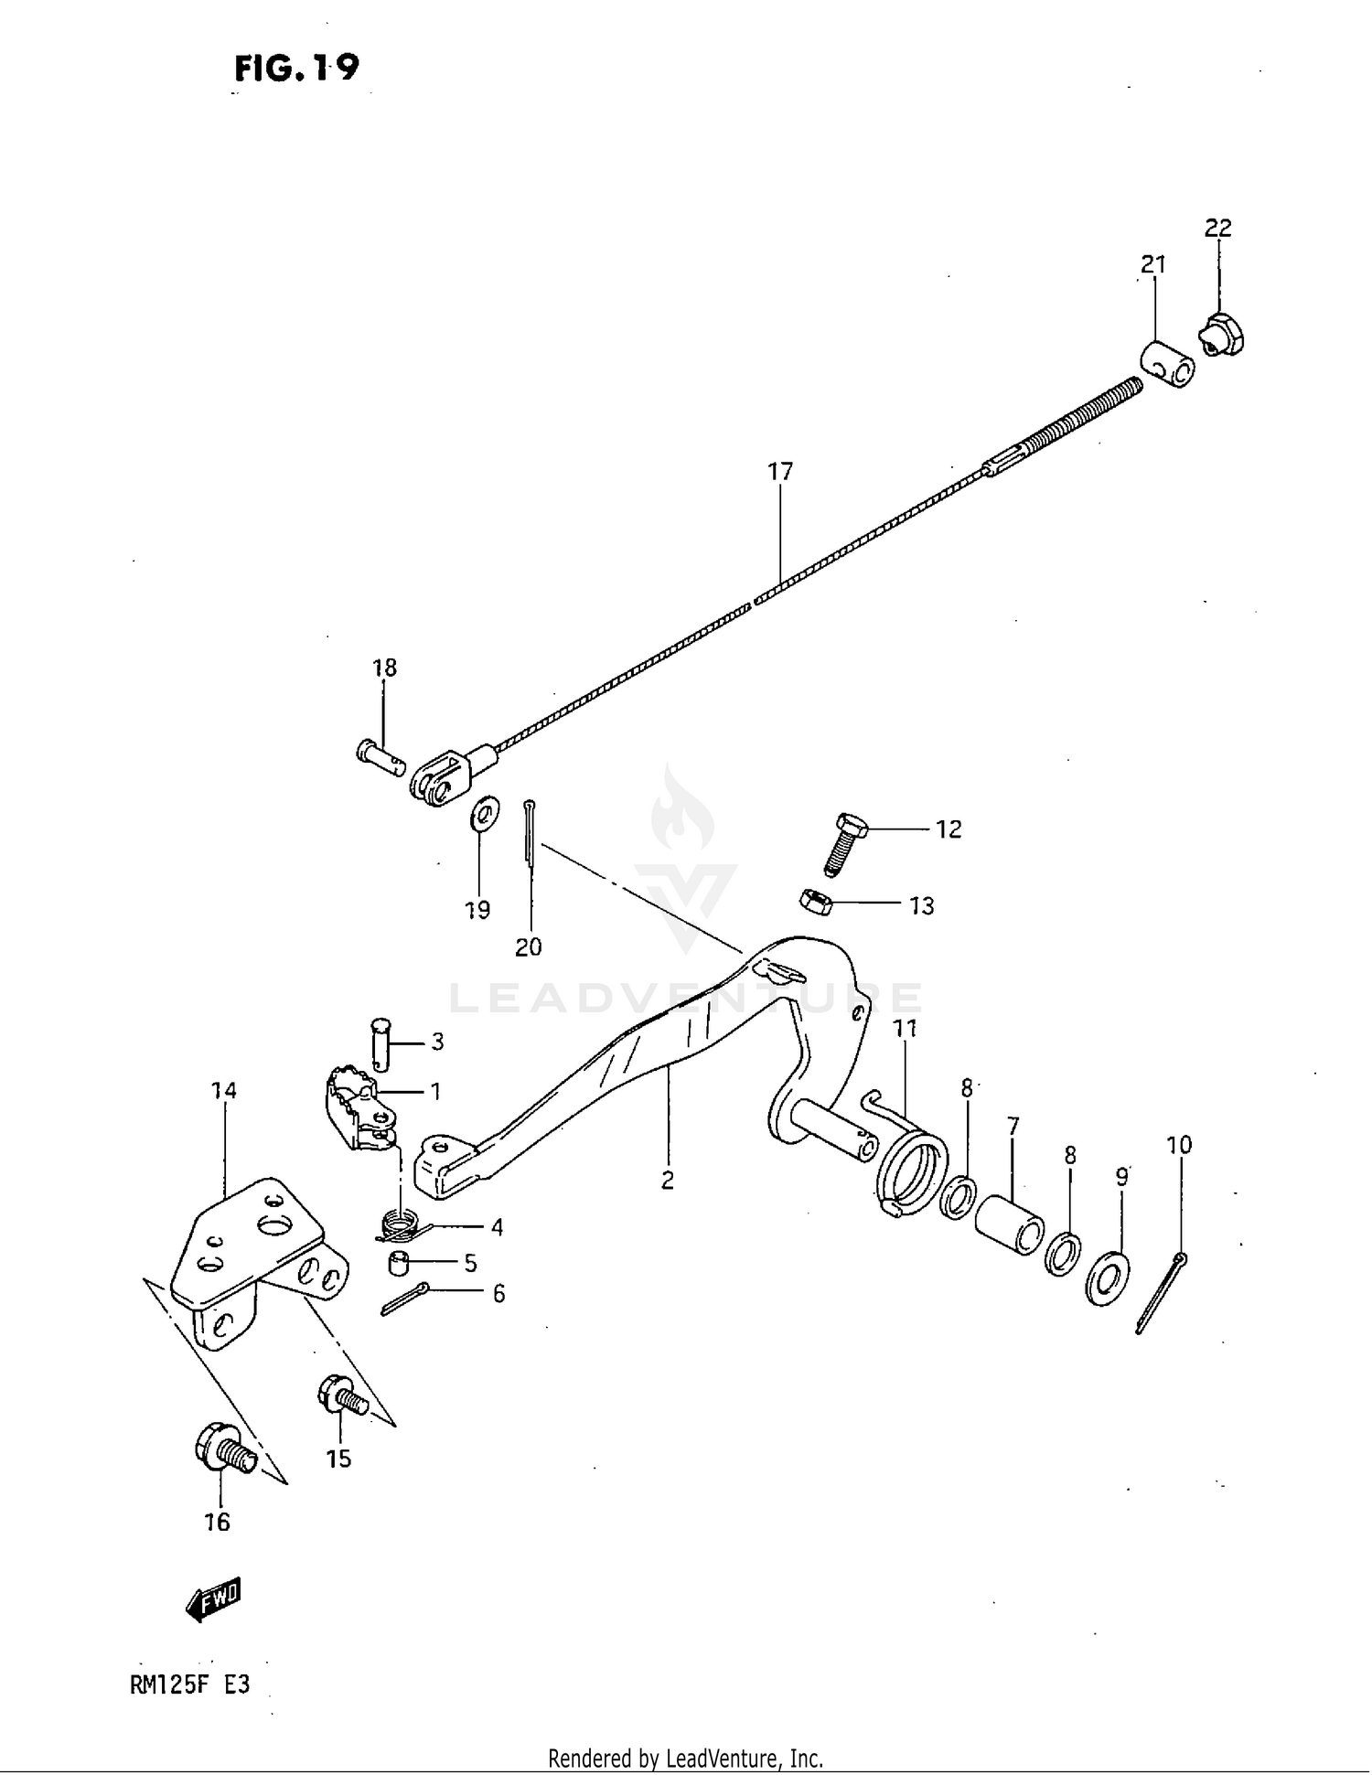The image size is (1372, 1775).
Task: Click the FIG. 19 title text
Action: tap(296, 68)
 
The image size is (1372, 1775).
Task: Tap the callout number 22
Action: tap(1217, 228)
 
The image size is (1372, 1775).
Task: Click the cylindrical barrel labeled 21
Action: tap(1167, 365)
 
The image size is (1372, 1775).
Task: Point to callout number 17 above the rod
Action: tap(779, 472)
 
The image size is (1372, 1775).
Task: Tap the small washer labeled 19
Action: tap(484, 813)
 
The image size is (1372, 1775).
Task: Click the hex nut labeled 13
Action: tap(815, 903)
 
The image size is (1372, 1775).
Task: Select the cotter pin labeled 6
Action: tap(403, 1299)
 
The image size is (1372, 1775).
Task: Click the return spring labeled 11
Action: tap(909, 1160)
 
